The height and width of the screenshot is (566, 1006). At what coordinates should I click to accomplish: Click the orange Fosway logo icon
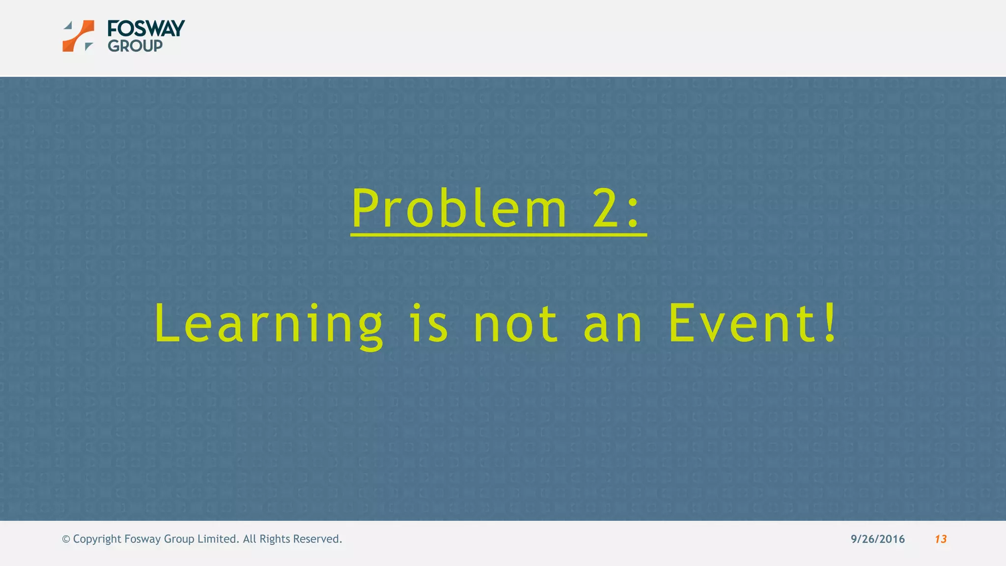point(79,36)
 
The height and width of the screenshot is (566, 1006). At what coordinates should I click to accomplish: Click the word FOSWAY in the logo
point(146,28)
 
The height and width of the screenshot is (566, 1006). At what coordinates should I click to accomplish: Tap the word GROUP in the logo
point(135,46)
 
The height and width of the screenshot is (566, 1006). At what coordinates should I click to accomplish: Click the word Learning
point(268,324)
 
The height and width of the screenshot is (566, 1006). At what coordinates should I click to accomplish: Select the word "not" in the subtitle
point(516,324)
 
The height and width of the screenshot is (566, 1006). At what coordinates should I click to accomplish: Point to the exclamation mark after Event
point(830,322)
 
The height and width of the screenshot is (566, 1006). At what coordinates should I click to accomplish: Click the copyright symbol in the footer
point(66,539)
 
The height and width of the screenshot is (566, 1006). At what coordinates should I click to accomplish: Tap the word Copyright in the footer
point(97,539)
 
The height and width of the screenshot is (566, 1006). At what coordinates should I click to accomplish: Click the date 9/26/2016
point(877,539)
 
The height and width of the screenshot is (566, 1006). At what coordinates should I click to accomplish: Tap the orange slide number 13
point(940,539)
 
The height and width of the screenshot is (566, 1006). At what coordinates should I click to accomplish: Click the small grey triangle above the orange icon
point(68,25)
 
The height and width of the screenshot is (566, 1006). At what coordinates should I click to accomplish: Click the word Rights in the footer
point(275,539)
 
